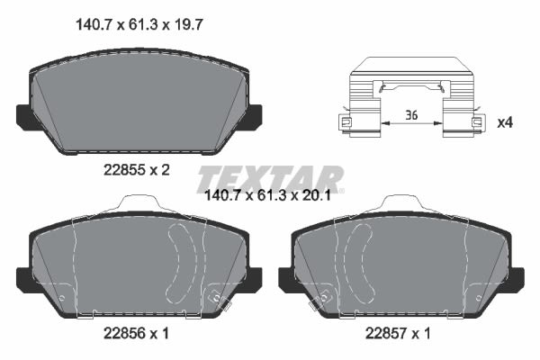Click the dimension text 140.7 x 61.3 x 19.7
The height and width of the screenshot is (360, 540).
coord(139,25)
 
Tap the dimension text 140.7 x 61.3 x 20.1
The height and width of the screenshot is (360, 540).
coord(267,195)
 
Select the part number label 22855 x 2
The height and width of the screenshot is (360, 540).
coord(137,170)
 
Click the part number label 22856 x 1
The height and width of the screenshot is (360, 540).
coord(137,333)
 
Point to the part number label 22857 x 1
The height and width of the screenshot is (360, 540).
coord(398,333)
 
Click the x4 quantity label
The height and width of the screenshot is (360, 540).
coord(505,122)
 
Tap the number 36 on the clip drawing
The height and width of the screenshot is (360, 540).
coord(411,114)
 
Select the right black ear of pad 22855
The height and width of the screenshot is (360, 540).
coord(254,117)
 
